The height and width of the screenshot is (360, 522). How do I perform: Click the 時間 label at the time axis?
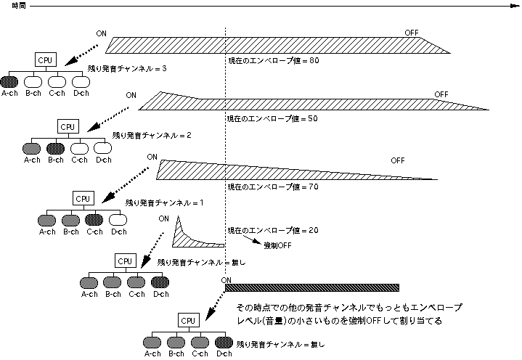[9, 5]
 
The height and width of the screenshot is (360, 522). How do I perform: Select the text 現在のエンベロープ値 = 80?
[273, 60]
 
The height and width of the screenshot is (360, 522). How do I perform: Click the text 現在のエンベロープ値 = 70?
[273, 187]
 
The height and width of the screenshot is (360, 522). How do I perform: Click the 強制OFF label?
[277, 246]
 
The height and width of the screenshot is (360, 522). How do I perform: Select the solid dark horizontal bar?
[312, 287]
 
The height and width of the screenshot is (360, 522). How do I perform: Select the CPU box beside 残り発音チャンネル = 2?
[68, 127]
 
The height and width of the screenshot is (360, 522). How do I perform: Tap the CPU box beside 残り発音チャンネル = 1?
[83, 197]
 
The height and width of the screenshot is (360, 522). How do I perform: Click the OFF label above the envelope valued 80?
[412, 33]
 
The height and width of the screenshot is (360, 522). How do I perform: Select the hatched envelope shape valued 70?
[254, 171]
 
